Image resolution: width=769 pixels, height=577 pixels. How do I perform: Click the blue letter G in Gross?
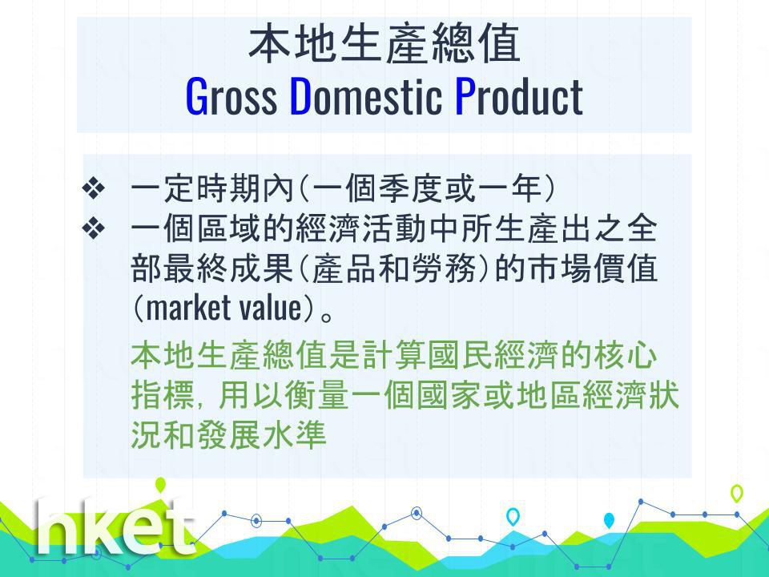click(197, 97)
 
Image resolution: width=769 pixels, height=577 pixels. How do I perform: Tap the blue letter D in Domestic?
click(301, 97)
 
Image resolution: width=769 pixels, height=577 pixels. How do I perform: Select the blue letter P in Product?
click(465, 97)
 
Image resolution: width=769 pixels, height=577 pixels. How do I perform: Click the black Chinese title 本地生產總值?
click(384, 45)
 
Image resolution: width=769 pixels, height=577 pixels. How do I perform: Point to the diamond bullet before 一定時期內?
click(93, 188)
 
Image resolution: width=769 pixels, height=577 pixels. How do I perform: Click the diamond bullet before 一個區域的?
click(93, 228)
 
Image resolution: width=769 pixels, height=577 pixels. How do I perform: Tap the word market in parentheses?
click(188, 308)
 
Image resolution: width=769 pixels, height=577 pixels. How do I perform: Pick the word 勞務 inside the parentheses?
click(444, 268)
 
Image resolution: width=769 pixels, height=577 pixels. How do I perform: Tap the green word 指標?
click(163, 395)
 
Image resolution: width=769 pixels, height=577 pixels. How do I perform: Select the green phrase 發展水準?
click(261, 435)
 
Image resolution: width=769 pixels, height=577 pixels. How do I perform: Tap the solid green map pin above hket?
click(160, 485)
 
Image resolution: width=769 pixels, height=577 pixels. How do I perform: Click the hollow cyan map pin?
click(513, 516)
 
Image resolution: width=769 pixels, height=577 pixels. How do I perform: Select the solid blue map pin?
click(609, 520)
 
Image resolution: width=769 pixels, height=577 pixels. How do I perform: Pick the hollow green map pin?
click(737, 493)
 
